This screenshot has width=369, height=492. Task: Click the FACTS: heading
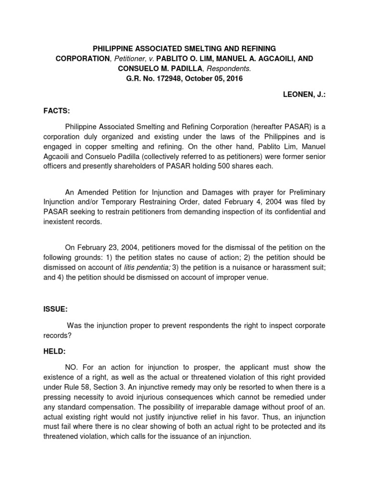[x=57, y=111]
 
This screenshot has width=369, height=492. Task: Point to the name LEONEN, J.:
[x=305, y=95]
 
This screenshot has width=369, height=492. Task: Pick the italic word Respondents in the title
[x=234, y=69]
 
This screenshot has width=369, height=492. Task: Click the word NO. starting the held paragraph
[x=72, y=367]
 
